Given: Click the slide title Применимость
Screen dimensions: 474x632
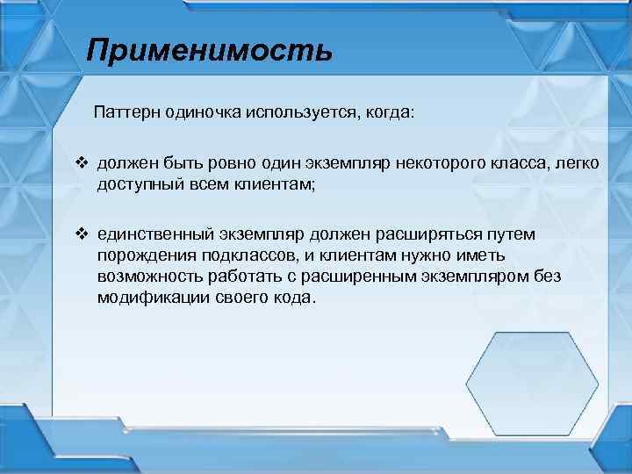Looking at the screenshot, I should pos(210,50).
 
